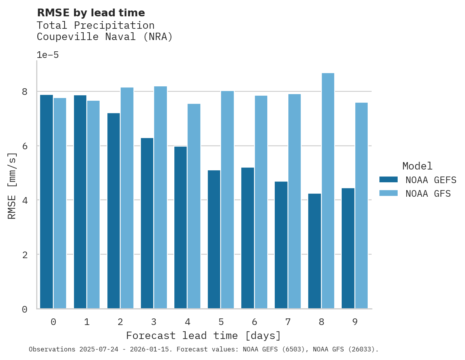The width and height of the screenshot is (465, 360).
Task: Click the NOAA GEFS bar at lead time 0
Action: pyautogui.click(x=46, y=202)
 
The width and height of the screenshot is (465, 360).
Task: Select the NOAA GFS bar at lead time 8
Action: pyautogui.click(x=328, y=191)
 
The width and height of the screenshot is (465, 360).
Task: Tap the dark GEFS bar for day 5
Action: pyautogui.click(x=214, y=239)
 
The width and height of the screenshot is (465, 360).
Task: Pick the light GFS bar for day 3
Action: pyautogui.click(x=160, y=197)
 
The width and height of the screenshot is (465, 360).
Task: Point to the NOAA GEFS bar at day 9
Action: pyautogui.click(x=348, y=248)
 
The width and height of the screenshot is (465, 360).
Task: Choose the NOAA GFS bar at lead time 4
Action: pyautogui.click(x=194, y=206)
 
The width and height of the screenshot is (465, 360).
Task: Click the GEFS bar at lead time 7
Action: pyautogui.click(x=281, y=245)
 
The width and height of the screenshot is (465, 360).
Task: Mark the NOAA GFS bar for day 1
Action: pyautogui.click(x=93, y=204)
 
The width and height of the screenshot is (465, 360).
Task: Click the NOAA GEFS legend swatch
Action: pyautogui.click(x=388, y=180)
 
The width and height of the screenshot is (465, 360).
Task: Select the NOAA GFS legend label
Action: pyautogui.click(x=428, y=194)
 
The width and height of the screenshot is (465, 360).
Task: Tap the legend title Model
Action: pyautogui.click(x=417, y=166)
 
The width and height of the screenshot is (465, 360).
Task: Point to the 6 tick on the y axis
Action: pyautogui.click(x=25, y=146)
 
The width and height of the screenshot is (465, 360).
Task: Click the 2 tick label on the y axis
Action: pyautogui.click(x=25, y=255)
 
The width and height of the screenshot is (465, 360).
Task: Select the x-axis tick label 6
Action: pyautogui.click(x=254, y=322)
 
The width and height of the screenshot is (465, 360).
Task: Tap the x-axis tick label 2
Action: pyautogui.click(x=120, y=322)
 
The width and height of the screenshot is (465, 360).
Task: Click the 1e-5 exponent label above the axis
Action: pyautogui.click(x=47, y=55)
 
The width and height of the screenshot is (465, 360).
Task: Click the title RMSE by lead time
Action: pyautogui.click(x=91, y=13)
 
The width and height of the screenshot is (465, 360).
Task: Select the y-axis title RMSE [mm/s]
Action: pyautogui.click(x=12, y=186)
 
